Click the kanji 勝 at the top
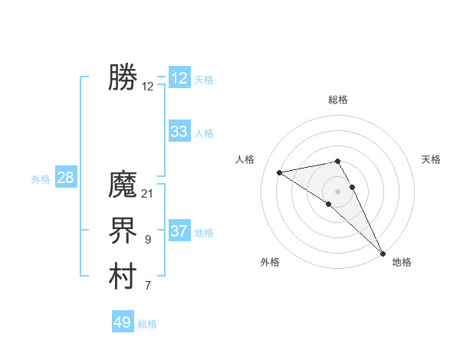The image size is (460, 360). click(x=123, y=78)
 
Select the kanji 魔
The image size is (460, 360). click(x=123, y=185)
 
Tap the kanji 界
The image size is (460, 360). click(x=123, y=231)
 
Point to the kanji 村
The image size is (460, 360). click(x=123, y=277)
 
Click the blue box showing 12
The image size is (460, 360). click(x=179, y=78)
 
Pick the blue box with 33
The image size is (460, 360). click(x=179, y=132)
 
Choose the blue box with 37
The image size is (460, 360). click(x=179, y=231)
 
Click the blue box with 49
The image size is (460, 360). click(x=123, y=322)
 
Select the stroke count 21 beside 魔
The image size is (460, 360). click(x=148, y=194)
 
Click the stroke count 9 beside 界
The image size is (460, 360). click(x=148, y=240)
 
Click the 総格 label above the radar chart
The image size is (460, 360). click(x=337, y=100)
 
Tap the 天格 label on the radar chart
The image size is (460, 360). click(x=431, y=159)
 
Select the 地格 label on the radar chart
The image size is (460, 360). click(x=402, y=262)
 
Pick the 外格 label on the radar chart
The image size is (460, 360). click(x=270, y=262)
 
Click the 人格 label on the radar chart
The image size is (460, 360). click(x=245, y=159)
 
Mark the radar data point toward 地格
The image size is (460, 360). click(x=383, y=253)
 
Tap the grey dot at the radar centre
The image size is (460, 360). click(x=337, y=191)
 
